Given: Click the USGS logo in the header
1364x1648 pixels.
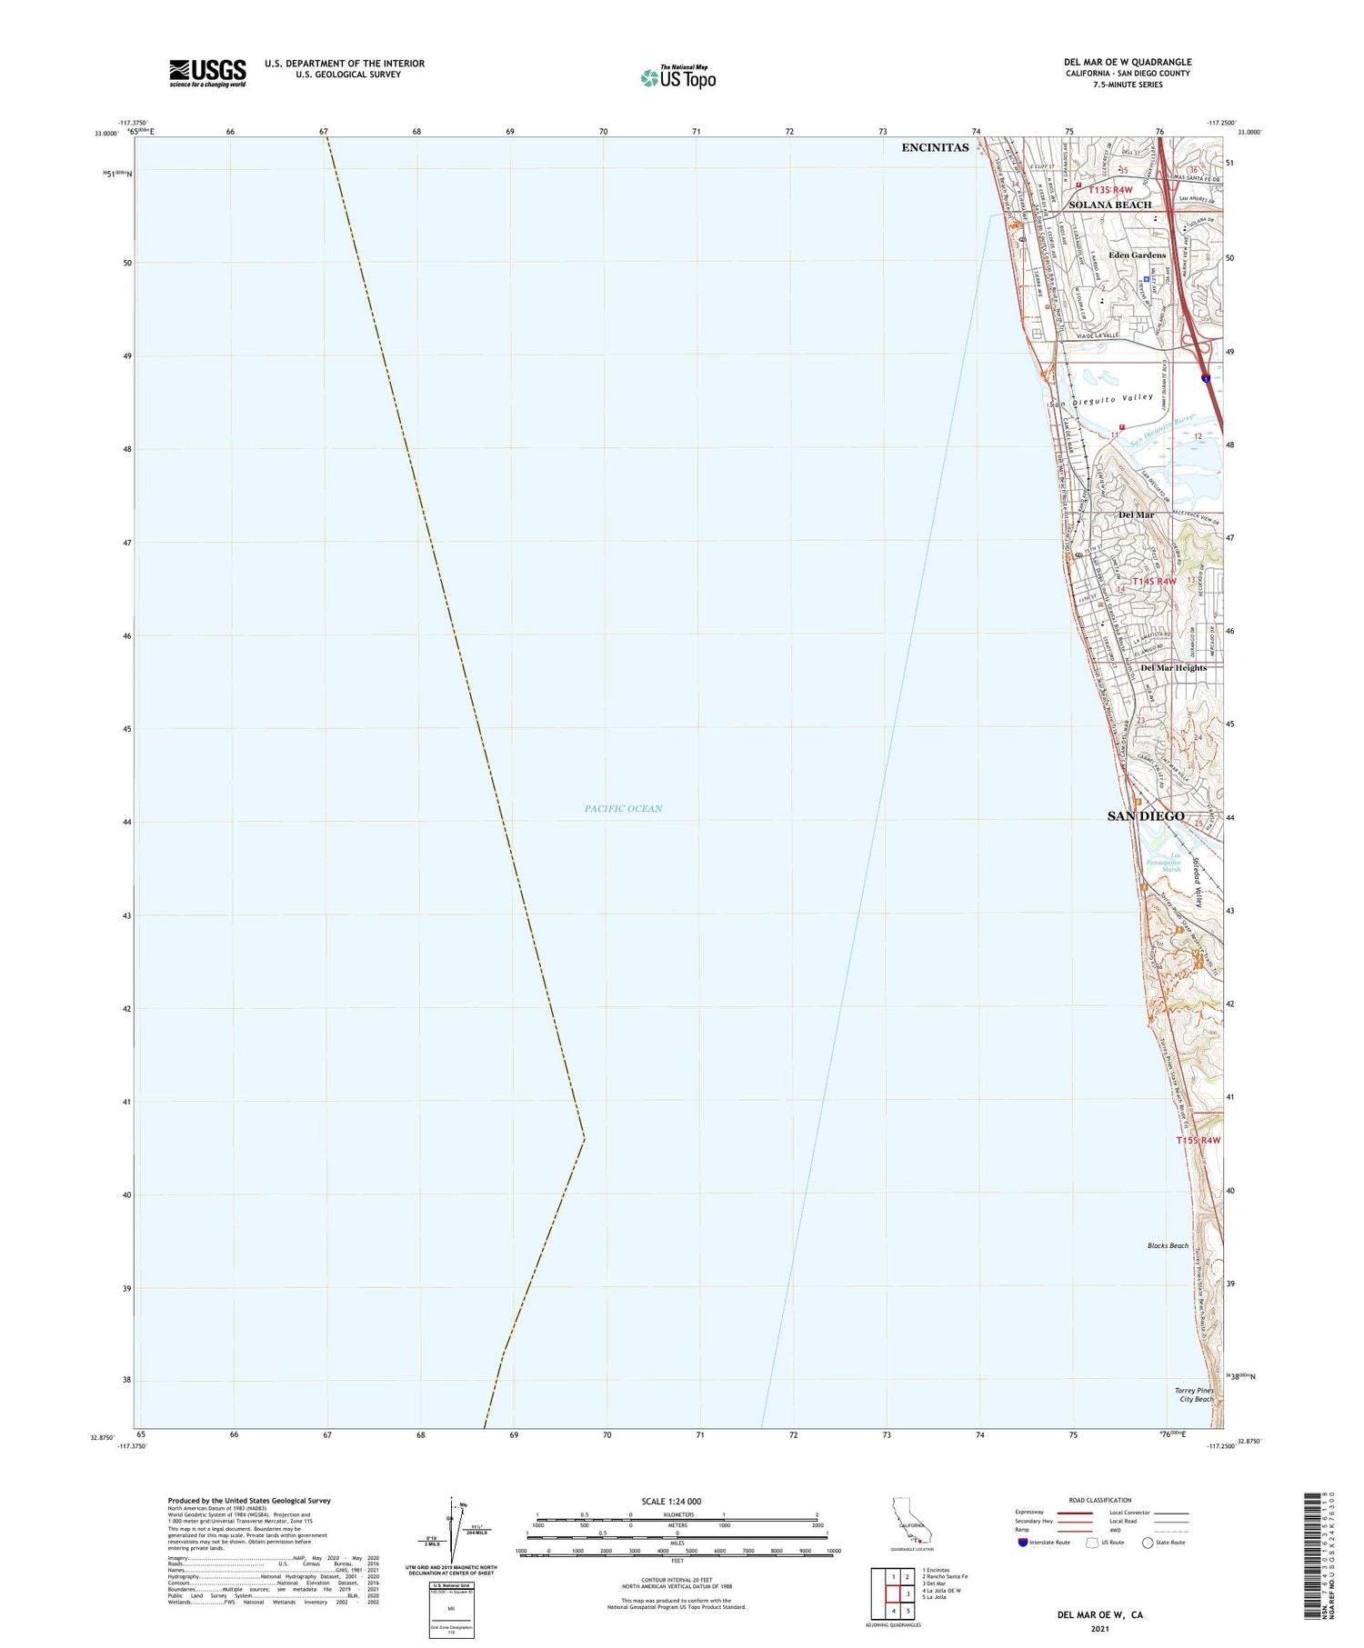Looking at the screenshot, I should point(207,73).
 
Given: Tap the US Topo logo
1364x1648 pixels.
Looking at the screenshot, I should point(677,78).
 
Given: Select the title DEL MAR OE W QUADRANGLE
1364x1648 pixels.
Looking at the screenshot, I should point(1127,62).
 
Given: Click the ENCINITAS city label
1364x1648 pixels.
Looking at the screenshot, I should point(935,147).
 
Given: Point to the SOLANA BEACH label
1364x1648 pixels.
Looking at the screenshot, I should point(1109,205).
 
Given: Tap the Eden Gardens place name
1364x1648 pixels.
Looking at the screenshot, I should point(1137,255).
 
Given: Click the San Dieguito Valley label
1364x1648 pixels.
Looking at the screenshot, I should point(1101,401).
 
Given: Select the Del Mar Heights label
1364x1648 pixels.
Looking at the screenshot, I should point(1173,668).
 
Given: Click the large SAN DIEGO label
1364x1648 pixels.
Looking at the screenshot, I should point(1146,816).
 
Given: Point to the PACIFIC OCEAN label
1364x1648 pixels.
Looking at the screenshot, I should point(623,808).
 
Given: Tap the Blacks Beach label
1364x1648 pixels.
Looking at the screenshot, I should point(1168,1245).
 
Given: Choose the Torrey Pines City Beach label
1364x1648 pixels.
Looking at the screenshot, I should point(1195,1394).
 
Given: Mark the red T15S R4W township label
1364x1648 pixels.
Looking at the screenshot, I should point(1198,1140).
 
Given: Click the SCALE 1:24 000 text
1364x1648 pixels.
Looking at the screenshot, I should point(677,1502).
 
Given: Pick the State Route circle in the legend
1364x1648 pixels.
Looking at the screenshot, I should point(1148,1543).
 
